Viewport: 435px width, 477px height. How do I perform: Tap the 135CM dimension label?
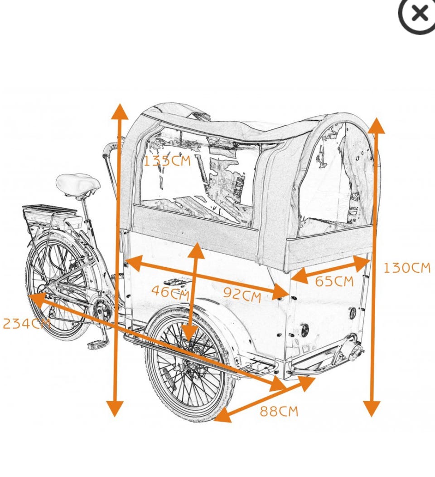coord(167,160)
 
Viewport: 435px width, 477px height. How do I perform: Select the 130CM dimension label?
coord(406,268)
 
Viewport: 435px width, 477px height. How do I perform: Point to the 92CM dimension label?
coord(242,295)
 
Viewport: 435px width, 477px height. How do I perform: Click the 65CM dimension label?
coord(334,281)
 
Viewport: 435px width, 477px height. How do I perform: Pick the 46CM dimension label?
coord(169,291)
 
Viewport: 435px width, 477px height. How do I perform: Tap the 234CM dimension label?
coord(25,324)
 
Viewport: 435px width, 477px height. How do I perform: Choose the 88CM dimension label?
coord(279,411)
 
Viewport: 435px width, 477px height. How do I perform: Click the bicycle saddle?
coord(78,183)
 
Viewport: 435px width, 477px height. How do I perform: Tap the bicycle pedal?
coord(97,345)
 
